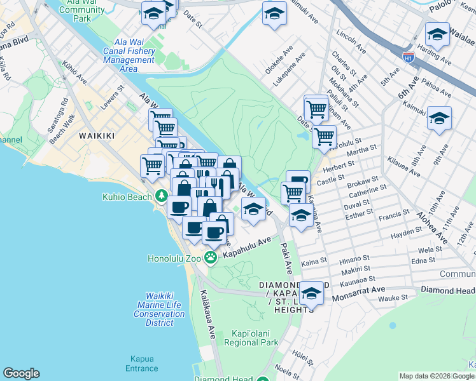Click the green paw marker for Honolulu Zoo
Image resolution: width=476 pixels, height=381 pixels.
tap(211, 258)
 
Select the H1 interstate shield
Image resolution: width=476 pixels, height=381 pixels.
tap(409, 57)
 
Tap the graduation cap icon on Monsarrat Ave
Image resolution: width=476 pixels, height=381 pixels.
tap(311, 293)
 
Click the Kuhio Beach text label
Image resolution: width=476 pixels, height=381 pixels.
tap(127, 196)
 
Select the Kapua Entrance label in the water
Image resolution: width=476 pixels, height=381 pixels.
tap(141, 363)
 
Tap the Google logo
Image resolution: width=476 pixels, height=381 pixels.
tap(21, 373)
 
